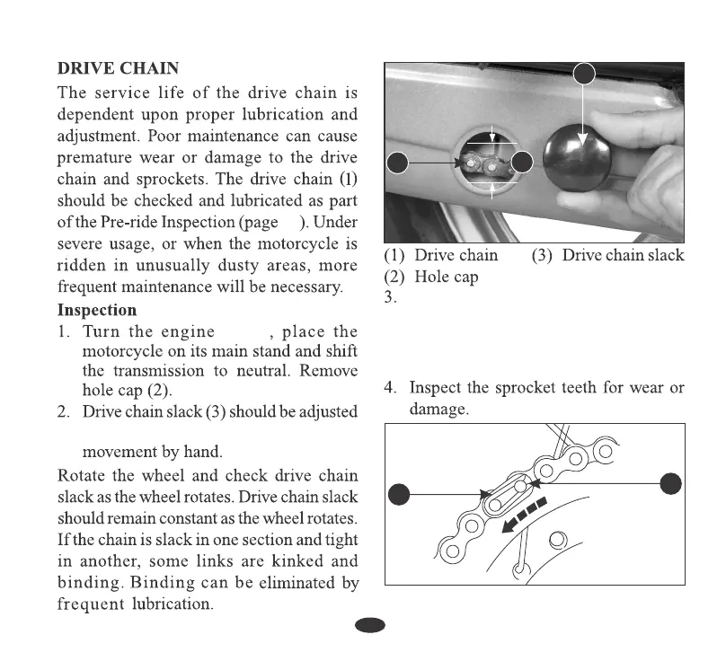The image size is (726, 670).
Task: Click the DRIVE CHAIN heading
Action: point(118,68)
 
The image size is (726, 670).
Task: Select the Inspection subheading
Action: point(97,311)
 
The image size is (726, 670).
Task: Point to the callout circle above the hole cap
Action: point(584,74)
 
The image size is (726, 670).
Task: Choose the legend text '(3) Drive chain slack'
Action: point(607,255)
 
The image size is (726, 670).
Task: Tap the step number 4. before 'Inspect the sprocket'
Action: point(391,388)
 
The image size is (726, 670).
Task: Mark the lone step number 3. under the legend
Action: point(390,298)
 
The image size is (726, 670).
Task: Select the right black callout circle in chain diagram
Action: point(670,483)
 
